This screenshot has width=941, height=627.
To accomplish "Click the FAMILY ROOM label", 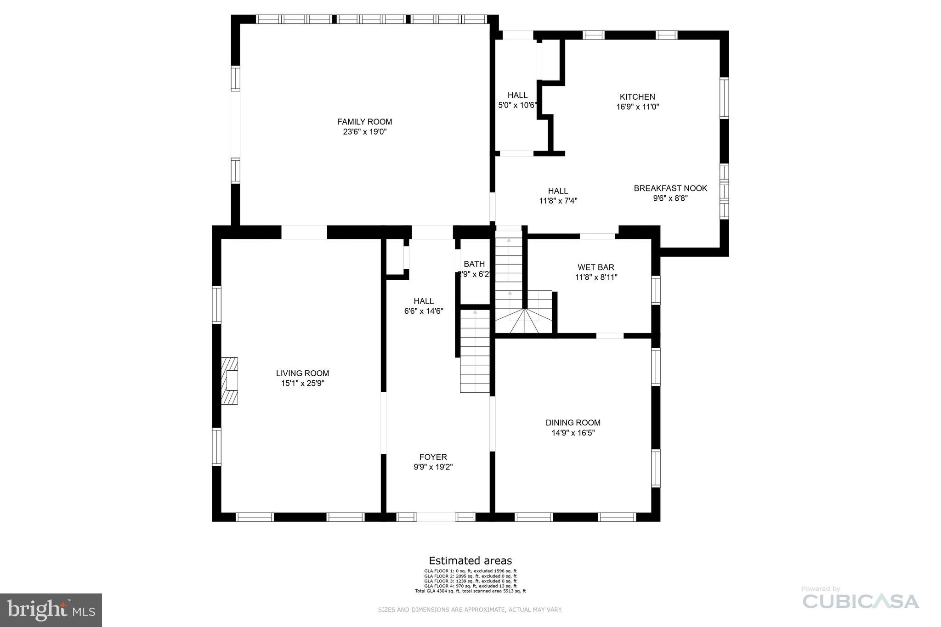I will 365,122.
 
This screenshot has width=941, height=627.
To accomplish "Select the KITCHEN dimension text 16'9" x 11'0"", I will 638,107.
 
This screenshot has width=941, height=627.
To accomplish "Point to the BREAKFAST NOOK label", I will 670,188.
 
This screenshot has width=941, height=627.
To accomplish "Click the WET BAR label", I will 596,267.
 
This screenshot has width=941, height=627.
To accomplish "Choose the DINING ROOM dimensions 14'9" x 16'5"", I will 573,433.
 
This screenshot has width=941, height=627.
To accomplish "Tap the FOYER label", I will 433,457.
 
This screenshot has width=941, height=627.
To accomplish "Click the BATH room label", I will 474,264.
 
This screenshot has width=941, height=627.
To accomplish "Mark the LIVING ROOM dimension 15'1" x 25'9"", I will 303,384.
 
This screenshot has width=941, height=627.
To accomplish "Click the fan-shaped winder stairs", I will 524,321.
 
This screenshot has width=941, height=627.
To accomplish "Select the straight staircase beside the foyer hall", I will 475,351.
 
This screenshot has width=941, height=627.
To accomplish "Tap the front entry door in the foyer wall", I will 436,517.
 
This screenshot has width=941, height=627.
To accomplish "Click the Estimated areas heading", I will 470,560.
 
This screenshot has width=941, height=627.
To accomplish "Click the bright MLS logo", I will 51,610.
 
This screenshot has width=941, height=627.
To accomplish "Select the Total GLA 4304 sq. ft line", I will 470,591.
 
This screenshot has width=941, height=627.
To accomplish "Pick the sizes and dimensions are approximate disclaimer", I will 470,610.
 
